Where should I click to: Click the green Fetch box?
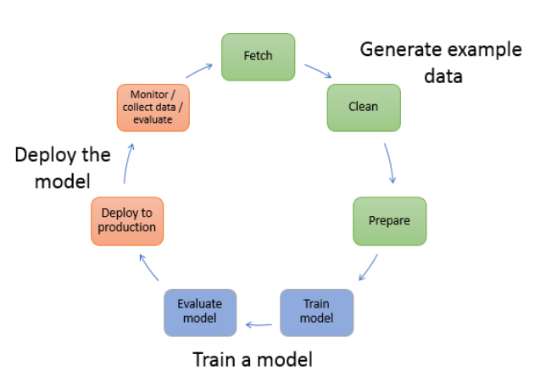[258, 57]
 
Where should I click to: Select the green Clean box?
[364, 108]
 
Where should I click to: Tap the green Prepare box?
[389, 221]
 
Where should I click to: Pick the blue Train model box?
[316, 313]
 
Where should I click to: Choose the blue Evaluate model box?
[200, 313]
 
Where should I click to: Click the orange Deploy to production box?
[127, 221]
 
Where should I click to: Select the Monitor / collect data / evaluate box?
[153, 108]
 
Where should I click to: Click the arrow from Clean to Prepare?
[391, 163]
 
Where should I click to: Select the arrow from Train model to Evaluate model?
[259, 322]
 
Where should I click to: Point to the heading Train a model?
[252, 359]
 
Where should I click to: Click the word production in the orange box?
[127, 227]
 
